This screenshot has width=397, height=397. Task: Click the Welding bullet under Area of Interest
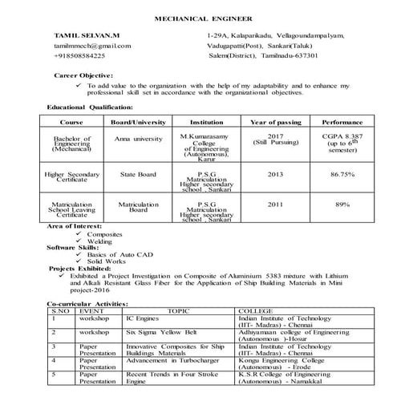[x=99, y=241]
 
